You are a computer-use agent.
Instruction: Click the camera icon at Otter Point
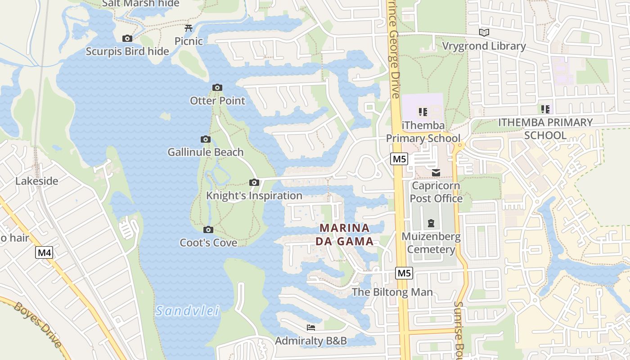pos(217,87)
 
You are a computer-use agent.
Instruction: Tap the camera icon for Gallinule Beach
pos(206,139)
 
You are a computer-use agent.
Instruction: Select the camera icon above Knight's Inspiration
pos(254,182)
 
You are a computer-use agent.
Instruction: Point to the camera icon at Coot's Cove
pos(208,230)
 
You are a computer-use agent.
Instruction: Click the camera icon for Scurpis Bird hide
pos(127,39)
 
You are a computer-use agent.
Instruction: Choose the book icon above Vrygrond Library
pos(484,32)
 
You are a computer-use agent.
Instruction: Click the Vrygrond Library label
pos(484,46)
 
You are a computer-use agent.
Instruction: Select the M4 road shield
pos(44,252)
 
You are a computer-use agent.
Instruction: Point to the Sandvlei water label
pos(188,310)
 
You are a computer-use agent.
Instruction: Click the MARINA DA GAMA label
pos(344,234)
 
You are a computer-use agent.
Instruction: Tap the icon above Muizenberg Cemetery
pos(431,223)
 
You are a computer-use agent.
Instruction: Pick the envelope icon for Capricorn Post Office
pos(436,172)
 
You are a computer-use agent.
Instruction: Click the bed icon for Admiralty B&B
pos(310,328)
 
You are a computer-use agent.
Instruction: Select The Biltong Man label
pos(392,292)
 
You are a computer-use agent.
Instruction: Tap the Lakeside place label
pos(37,181)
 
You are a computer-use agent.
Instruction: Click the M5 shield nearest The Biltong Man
pos(404,273)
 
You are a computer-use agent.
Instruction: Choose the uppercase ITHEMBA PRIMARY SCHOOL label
pos(545,129)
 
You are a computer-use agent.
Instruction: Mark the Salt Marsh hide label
pos(141,4)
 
